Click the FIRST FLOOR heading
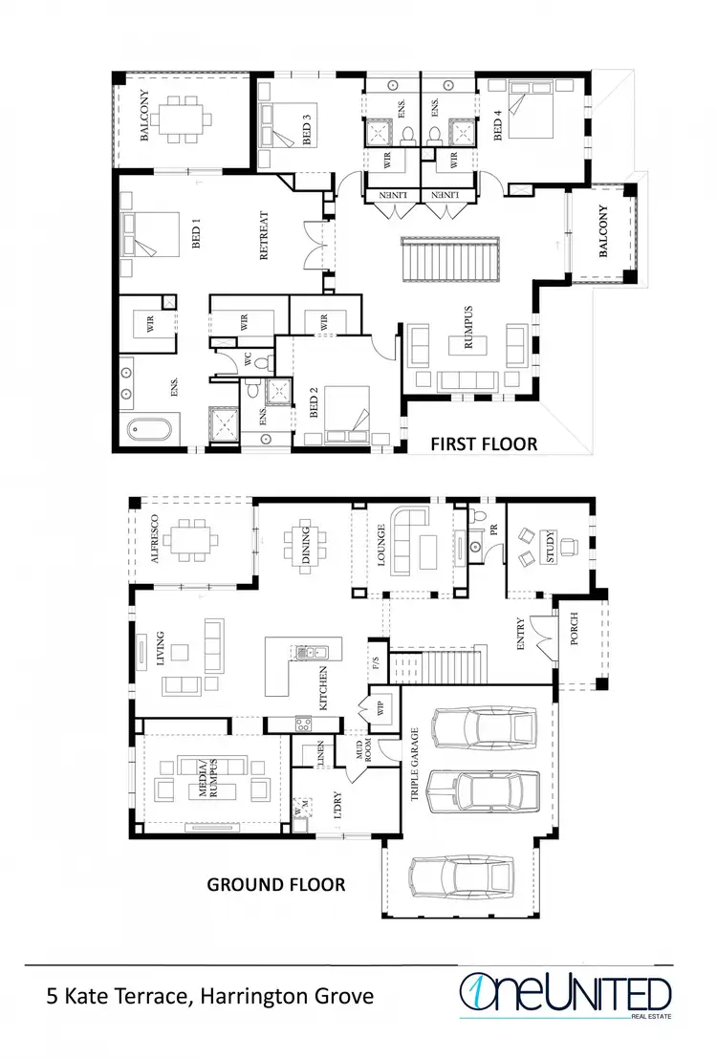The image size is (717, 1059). pyautogui.click(x=484, y=443)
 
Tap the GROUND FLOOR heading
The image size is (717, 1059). pyautogui.click(x=276, y=884)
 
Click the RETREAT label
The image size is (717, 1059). pyautogui.click(x=265, y=236)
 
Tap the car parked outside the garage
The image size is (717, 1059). pyautogui.click(x=458, y=875)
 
